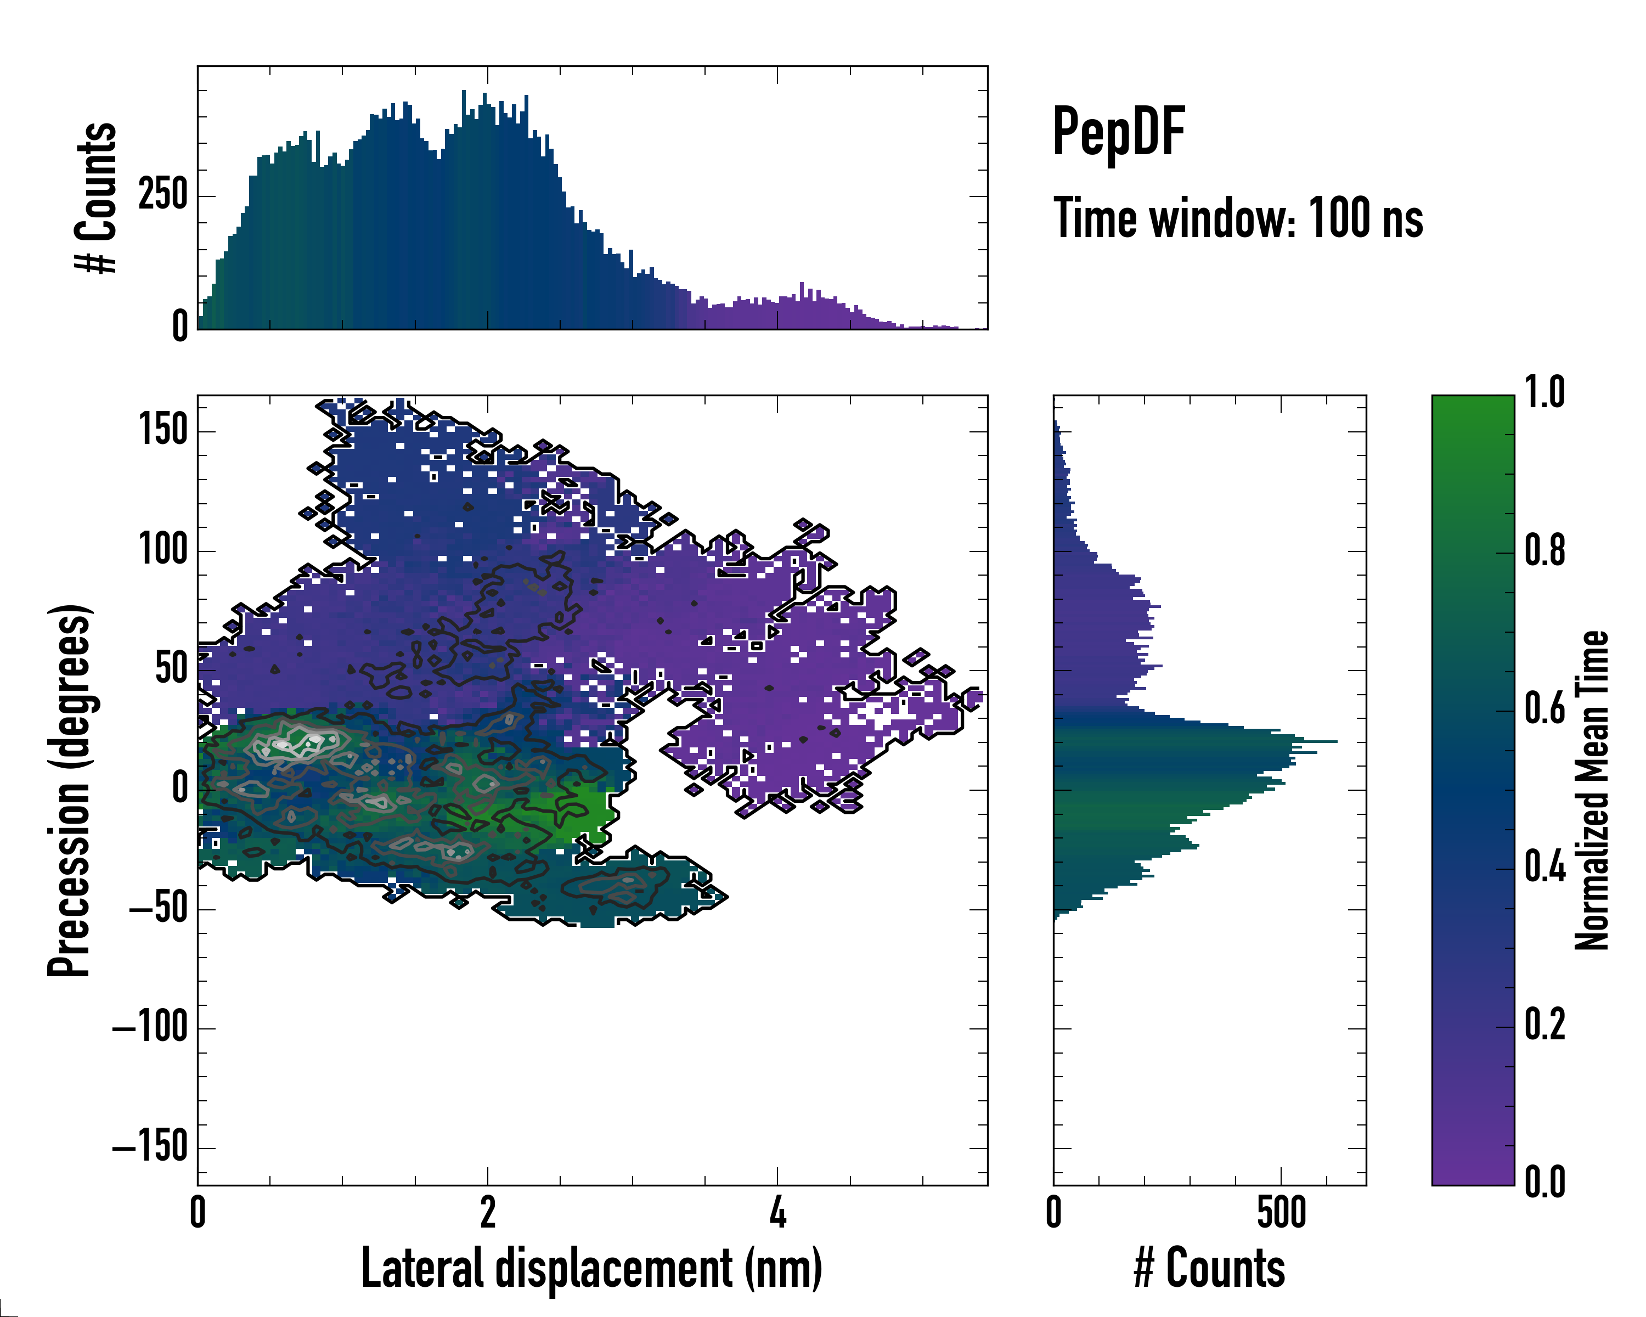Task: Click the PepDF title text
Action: (x=1118, y=131)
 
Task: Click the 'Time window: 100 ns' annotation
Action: (x=1238, y=218)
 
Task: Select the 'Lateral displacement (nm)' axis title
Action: (x=591, y=1269)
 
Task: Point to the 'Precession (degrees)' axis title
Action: (x=70, y=790)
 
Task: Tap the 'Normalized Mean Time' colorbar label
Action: (x=1591, y=790)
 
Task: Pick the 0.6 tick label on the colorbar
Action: (x=1544, y=710)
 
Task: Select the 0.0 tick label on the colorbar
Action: (x=1544, y=1182)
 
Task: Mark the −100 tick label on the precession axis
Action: (x=150, y=1028)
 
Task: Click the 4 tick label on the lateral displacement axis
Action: (x=777, y=1212)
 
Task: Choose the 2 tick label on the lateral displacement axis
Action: (x=488, y=1212)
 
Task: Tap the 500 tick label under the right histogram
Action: (x=1281, y=1212)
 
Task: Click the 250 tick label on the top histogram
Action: (x=162, y=195)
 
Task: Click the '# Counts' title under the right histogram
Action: (x=1209, y=1269)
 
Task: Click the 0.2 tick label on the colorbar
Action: (x=1544, y=1025)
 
